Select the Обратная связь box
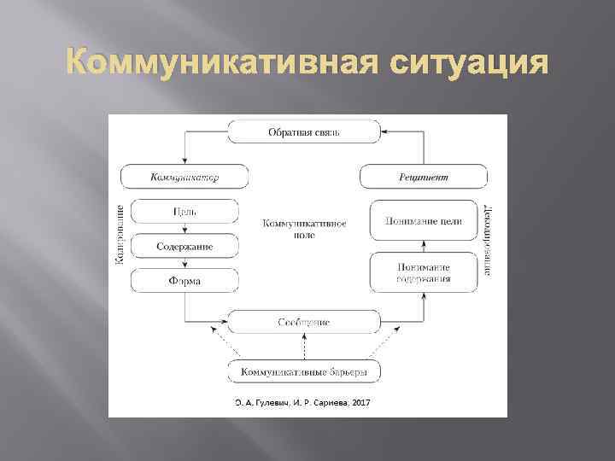click(x=304, y=131)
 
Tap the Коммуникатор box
click(x=184, y=177)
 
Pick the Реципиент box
click(x=424, y=177)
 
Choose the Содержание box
click(x=184, y=246)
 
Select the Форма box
click(x=184, y=281)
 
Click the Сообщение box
click(x=304, y=322)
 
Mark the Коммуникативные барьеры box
click(x=304, y=371)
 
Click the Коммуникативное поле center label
click(x=304, y=228)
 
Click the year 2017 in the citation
click(x=361, y=402)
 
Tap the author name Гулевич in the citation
click(x=272, y=402)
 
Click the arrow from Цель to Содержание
click(x=184, y=229)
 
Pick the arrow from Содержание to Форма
click(x=184, y=264)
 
